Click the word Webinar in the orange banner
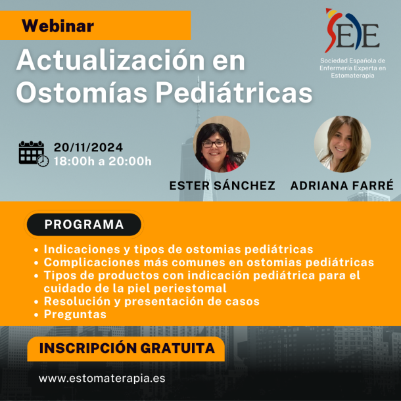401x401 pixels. coord(58,26)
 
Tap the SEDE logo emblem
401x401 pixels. coord(352,30)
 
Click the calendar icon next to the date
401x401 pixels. coord(34,154)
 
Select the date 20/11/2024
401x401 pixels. coord(88,147)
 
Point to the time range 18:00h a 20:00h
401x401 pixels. coord(103,161)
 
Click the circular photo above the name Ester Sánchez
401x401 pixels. coord(222,144)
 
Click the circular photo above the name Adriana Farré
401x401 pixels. coord(342,144)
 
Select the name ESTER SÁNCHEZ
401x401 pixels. coord(222,185)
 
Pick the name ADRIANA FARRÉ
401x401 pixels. coord(342,185)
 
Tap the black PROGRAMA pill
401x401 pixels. coord(84,224)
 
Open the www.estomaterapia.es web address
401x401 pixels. coord(102,378)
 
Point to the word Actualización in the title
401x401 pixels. coord(110,60)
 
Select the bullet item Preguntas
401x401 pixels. coord(75,314)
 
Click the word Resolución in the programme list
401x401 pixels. coord(77,301)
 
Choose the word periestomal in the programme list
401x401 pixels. coord(190,289)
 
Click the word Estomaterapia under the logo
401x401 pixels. coord(352,76)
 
